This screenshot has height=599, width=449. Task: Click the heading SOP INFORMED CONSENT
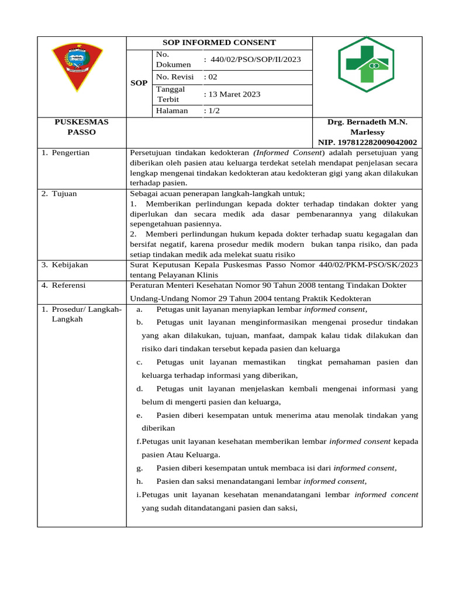click(x=219, y=43)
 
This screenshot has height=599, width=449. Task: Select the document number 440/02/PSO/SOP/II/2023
click(x=255, y=59)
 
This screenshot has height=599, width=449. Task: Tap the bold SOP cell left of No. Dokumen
click(x=139, y=83)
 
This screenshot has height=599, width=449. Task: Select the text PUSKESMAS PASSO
click(x=82, y=127)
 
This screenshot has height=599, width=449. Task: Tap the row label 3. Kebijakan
click(x=65, y=265)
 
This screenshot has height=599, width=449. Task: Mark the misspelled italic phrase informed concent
click(x=386, y=494)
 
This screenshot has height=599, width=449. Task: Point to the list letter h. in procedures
click(x=140, y=481)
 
